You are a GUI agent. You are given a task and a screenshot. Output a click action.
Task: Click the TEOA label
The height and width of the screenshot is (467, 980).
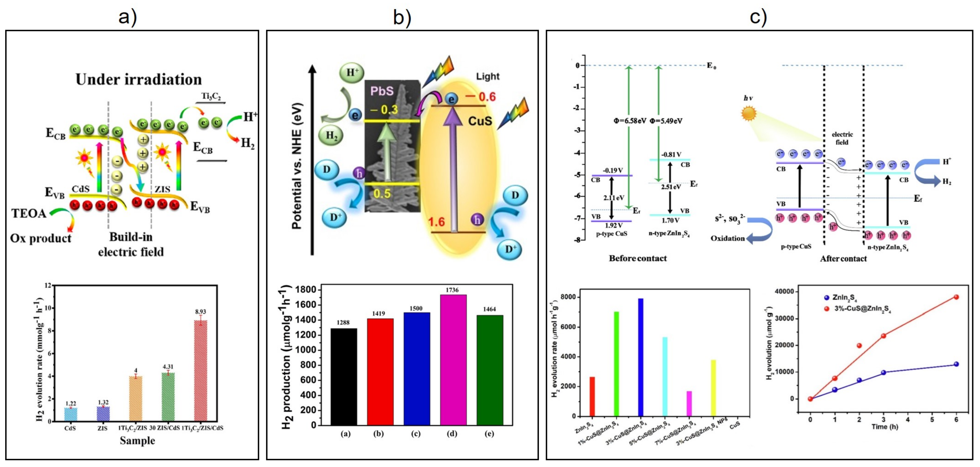tap(29, 213)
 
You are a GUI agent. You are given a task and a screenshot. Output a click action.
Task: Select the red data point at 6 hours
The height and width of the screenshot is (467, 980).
tap(956, 297)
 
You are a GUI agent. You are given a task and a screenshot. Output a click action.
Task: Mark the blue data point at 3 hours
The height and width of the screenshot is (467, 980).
tap(883, 373)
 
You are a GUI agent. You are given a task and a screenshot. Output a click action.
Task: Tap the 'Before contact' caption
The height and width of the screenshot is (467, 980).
tap(638, 259)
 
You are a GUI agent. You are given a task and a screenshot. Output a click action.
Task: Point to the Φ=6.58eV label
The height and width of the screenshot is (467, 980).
tap(630, 121)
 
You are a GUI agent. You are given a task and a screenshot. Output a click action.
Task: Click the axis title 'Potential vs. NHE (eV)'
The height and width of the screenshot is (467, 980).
tap(296, 166)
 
